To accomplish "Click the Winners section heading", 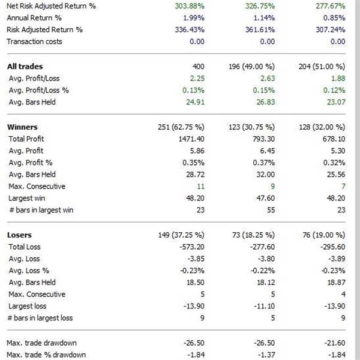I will [x=22, y=127].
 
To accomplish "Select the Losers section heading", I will [x=19, y=235].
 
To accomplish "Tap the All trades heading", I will [x=25, y=67].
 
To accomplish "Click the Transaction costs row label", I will [x=34, y=41].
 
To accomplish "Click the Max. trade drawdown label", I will [x=41, y=343].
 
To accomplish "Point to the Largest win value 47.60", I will [x=265, y=197].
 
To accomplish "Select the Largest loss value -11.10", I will [x=263, y=305].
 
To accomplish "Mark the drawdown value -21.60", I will [x=334, y=343].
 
